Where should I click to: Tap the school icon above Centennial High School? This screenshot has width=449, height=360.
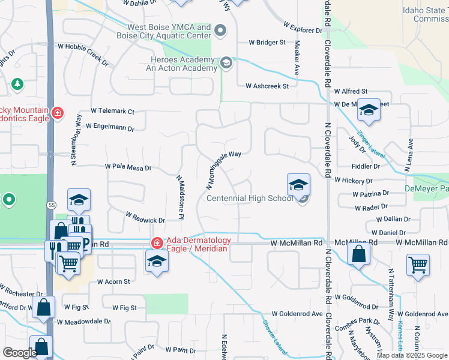(298, 185)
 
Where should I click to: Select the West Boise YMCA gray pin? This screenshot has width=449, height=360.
(220, 30)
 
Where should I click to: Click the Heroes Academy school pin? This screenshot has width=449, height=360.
(226, 62)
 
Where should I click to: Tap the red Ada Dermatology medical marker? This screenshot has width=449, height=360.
(157, 242)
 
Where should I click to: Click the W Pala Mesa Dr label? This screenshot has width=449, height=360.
(128, 168)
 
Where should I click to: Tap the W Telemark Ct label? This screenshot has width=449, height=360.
(113, 111)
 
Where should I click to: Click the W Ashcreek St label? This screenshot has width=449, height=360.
(267, 86)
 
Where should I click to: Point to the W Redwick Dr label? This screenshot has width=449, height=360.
(145, 217)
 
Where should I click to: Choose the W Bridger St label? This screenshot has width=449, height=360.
(268, 43)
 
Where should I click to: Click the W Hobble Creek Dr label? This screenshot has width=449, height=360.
(83, 54)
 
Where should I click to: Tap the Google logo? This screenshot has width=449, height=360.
(20, 353)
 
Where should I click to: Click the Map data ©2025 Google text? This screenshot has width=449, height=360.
(412, 355)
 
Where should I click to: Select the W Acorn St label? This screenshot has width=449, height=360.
(110, 281)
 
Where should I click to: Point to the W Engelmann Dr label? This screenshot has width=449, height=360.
(109, 127)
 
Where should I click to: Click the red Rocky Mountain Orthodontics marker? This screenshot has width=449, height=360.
(58, 113)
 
